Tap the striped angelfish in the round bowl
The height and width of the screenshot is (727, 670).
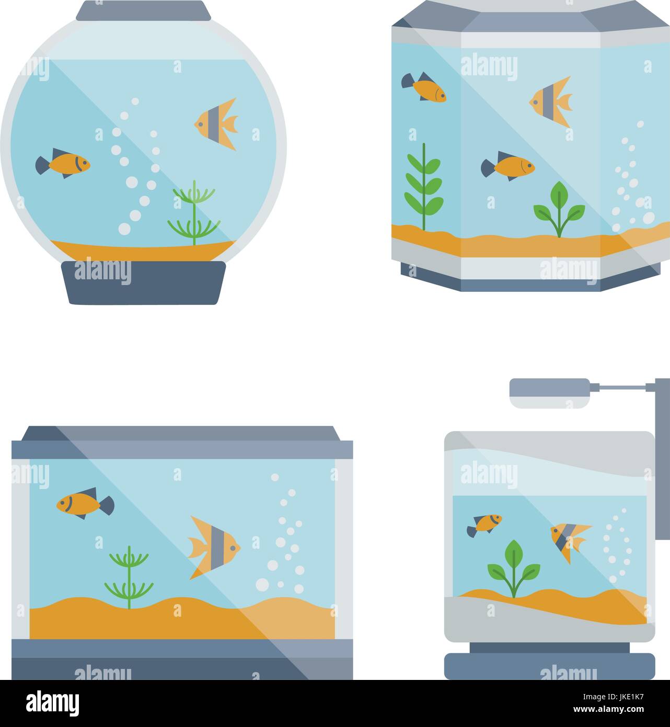pyautogui.click(x=217, y=123)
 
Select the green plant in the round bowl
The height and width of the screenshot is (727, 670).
pyautogui.click(x=194, y=215)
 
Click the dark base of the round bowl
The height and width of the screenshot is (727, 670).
pyautogui.click(x=143, y=282)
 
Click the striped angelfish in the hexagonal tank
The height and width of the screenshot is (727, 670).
pyautogui.click(x=552, y=101)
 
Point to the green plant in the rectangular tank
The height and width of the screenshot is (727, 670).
pyautogui.click(x=129, y=578)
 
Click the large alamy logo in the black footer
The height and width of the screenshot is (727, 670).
pyautogui.click(x=52, y=703)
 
